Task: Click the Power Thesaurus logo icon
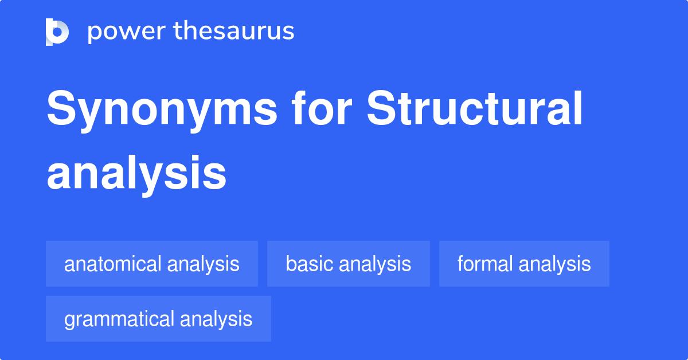tap(57, 32)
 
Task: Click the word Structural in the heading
tap(475, 110)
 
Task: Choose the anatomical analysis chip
tap(152, 264)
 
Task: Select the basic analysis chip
tap(349, 264)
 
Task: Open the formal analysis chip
tap(524, 264)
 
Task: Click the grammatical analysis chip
tap(158, 319)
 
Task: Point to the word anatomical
tap(113, 264)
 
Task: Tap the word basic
tap(309, 264)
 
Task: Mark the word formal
tap(485, 264)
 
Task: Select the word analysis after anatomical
tap(203, 264)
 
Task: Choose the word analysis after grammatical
tap(216, 319)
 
